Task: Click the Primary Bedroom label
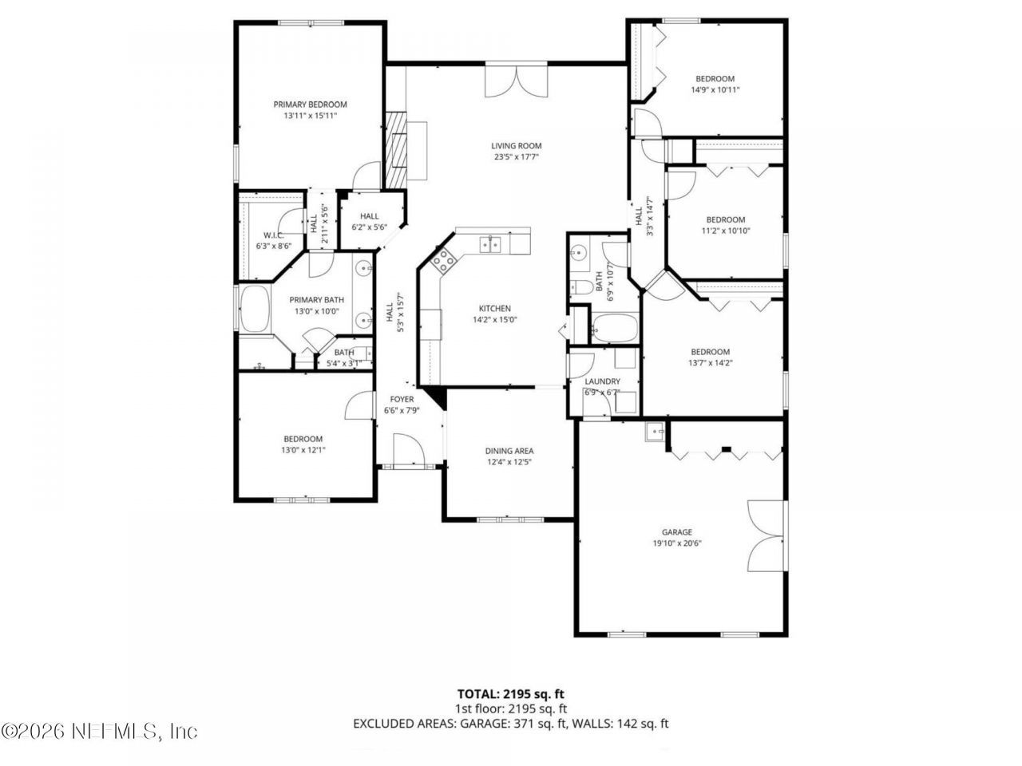[x=310, y=105]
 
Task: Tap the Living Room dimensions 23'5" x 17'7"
[x=516, y=157]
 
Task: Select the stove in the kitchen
[x=443, y=260]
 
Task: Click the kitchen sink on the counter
[x=490, y=244]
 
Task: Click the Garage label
[x=676, y=532]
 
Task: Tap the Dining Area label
[x=509, y=451]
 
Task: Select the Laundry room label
[x=602, y=381]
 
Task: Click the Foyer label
[x=402, y=399]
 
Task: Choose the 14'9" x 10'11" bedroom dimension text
[x=715, y=90]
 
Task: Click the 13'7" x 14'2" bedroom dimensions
[x=710, y=363]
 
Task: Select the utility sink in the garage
[x=656, y=432]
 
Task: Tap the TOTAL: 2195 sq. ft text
[x=511, y=694]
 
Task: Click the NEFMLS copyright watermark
[x=99, y=731]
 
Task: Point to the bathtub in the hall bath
[x=614, y=326]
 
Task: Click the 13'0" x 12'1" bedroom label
[x=303, y=450]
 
